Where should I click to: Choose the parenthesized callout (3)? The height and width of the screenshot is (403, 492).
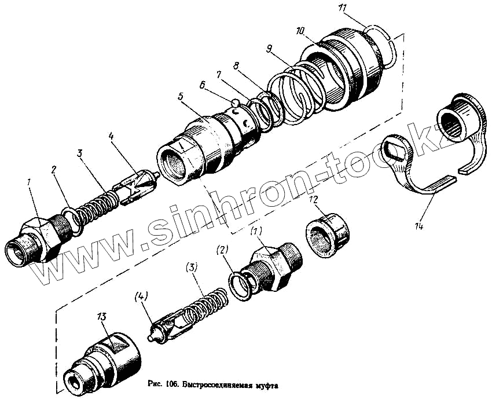point(192,268)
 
